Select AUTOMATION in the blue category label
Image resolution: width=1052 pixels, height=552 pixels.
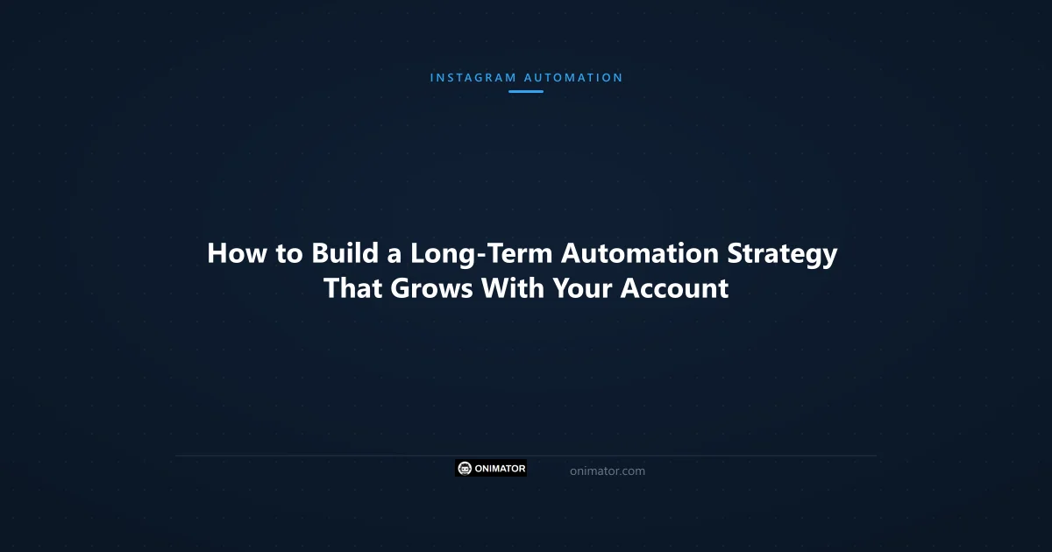point(573,77)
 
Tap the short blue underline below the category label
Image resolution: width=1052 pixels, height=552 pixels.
point(526,91)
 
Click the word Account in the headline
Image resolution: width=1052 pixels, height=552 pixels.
point(674,287)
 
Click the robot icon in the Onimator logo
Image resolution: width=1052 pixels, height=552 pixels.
point(466,469)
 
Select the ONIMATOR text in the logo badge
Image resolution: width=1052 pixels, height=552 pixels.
point(501,469)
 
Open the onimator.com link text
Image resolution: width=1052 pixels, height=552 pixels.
point(607,471)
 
